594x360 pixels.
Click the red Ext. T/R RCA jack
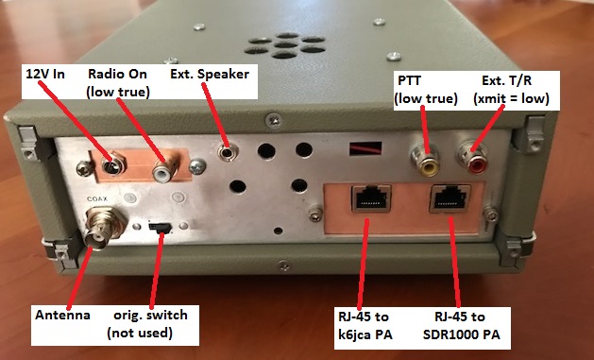[x=471, y=159]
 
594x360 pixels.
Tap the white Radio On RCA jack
[x=165, y=170]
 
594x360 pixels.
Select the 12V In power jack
[x=113, y=164]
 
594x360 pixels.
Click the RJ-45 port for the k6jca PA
[x=371, y=197]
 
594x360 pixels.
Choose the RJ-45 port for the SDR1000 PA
[x=450, y=198]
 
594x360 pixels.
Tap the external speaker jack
[x=228, y=152]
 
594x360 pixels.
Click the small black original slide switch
[x=160, y=227]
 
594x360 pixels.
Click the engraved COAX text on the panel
[x=97, y=199]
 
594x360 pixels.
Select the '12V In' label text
[x=45, y=74]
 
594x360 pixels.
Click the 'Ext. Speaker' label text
[x=210, y=74]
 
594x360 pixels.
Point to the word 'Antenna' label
[x=62, y=315]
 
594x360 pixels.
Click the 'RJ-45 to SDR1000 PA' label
[x=461, y=326]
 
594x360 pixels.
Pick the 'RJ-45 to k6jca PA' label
[x=365, y=326]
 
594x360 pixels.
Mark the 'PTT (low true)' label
[x=426, y=90]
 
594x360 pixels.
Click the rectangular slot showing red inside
[x=365, y=148]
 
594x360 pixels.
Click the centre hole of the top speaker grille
[x=285, y=45]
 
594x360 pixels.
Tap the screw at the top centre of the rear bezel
[x=273, y=121]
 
